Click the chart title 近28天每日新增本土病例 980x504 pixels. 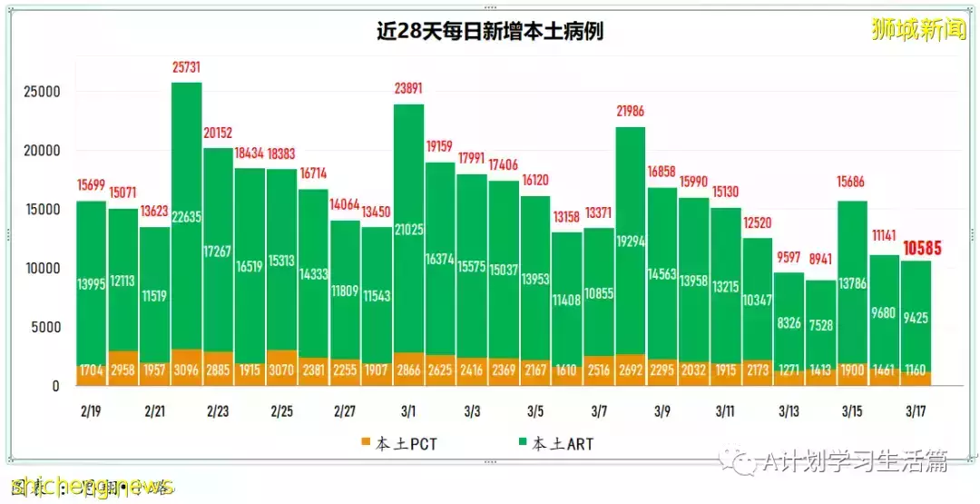tap(489, 32)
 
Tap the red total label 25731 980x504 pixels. tap(186, 68)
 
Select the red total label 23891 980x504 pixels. tap(408, 89)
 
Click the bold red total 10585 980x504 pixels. tap(925, 247)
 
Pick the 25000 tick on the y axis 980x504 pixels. tap(42, 93)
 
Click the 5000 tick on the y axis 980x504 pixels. tap(45, 327)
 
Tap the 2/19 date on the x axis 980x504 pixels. tap(90, 411)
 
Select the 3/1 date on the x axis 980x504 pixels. tap(407, 411)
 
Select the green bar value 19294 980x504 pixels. tap(630, 242)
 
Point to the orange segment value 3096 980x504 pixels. tap(186, 371)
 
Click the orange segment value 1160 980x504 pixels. tap(916, 371)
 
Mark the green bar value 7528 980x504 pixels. tap(820, 326)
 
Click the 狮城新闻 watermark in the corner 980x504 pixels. tap(918, 30)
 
